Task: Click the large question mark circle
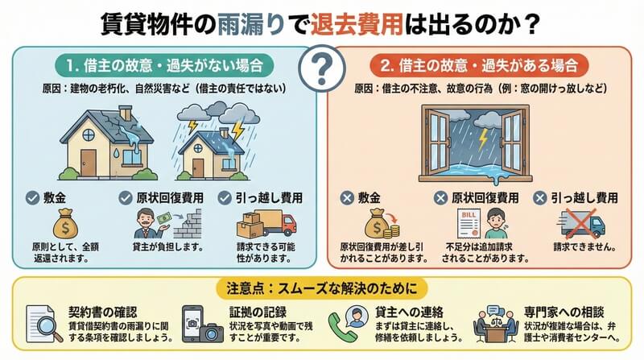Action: point(322,68)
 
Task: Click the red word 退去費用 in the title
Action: point(357,24)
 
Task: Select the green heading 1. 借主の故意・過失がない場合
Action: point(164,65)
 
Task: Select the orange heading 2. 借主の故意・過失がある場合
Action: point(479,65)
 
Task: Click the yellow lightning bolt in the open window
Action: point(483,139)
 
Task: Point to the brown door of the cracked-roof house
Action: point(88,163)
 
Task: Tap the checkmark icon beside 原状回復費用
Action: point(126,198)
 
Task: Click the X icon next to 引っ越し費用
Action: point(539,198)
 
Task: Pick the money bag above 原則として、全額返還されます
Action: point(65,224)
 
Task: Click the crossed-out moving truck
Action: point(581,224)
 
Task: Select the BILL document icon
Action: point(469,224)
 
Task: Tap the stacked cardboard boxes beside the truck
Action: point(250,225)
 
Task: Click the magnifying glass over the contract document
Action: point(48,329)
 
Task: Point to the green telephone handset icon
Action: point(340,328)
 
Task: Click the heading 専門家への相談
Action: point(564,312)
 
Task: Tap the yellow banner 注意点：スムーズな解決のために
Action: point(321,288)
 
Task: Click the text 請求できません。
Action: point(585,247)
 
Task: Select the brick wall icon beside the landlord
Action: point(188,225)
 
